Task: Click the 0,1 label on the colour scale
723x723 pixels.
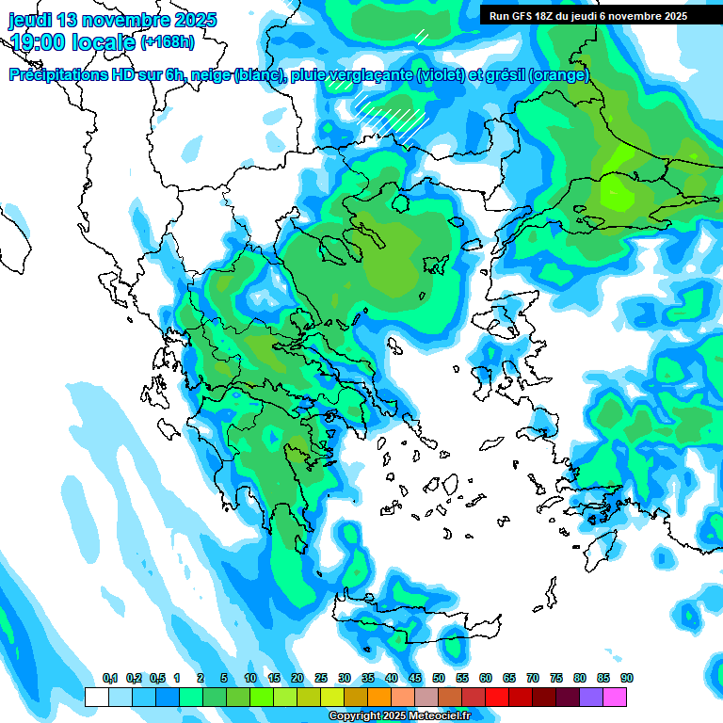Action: point(110,679)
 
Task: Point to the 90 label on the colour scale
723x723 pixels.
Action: point(627,679)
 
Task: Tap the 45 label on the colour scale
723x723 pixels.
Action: point(415,679)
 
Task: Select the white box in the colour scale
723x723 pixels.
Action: point(96,697)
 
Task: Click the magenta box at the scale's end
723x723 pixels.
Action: point(615,697)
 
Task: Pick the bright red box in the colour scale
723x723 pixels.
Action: point(497,697)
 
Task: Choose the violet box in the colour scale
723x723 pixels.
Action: point(591,697)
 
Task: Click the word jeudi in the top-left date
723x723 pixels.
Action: point(32,20)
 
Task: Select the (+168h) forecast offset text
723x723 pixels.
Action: point(168,42)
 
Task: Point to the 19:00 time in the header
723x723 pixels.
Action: point(37,42)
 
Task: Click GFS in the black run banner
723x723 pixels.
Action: point(518,16)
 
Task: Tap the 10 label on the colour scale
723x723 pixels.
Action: point(250,679)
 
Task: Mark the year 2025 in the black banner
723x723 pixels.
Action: point(671,16)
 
